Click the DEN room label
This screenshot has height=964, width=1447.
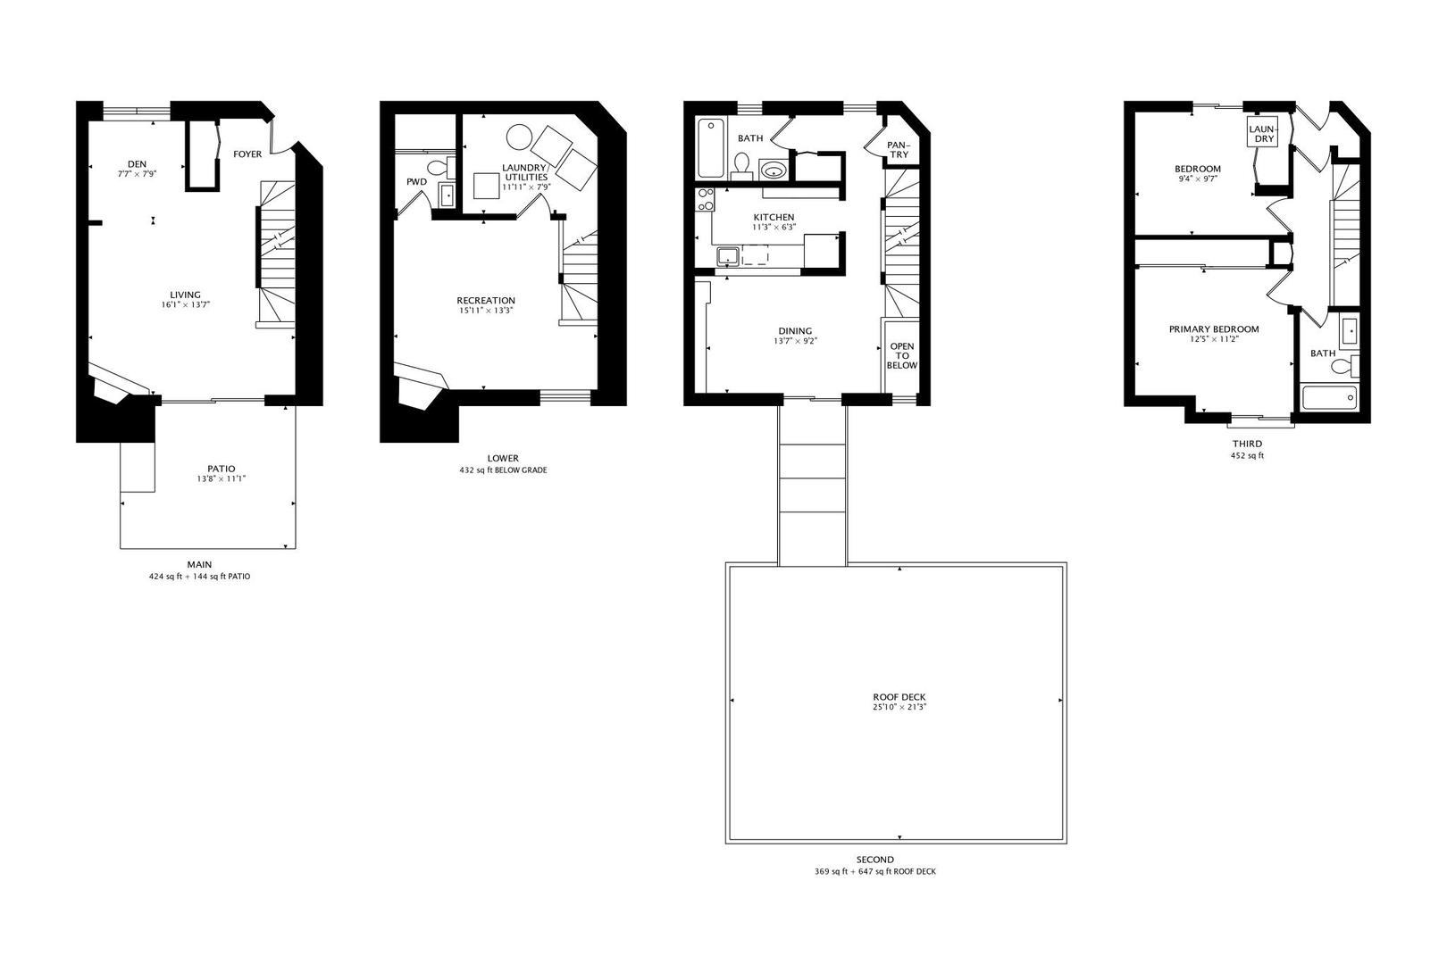coord(137,164)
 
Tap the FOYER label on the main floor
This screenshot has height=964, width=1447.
coord(247,154)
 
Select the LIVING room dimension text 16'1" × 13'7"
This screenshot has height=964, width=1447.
coord(185,305)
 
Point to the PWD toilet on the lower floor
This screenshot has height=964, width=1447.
coord(438,168)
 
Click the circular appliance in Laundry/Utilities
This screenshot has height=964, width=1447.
coord(519,137)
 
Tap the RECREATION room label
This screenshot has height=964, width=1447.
coord(486,301)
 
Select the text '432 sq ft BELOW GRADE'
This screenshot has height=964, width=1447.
coord(503,470)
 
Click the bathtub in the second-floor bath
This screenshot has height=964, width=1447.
coord(712,147)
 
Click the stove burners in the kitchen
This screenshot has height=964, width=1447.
coord(706,199)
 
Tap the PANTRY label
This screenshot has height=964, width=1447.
coord(898,150)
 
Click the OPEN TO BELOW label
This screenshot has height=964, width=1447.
coord(902,355)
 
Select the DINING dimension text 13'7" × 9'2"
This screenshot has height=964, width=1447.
coord(795,341)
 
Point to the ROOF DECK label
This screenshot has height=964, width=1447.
coord(893,697)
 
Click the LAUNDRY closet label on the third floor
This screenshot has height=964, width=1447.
coord(1263,134)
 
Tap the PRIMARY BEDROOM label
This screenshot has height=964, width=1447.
coord(1214,329)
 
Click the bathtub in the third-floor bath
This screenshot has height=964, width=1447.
coord(1329,397)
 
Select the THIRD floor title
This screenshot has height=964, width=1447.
coord(1247,444)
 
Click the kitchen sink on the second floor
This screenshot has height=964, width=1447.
coord(728,256)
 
